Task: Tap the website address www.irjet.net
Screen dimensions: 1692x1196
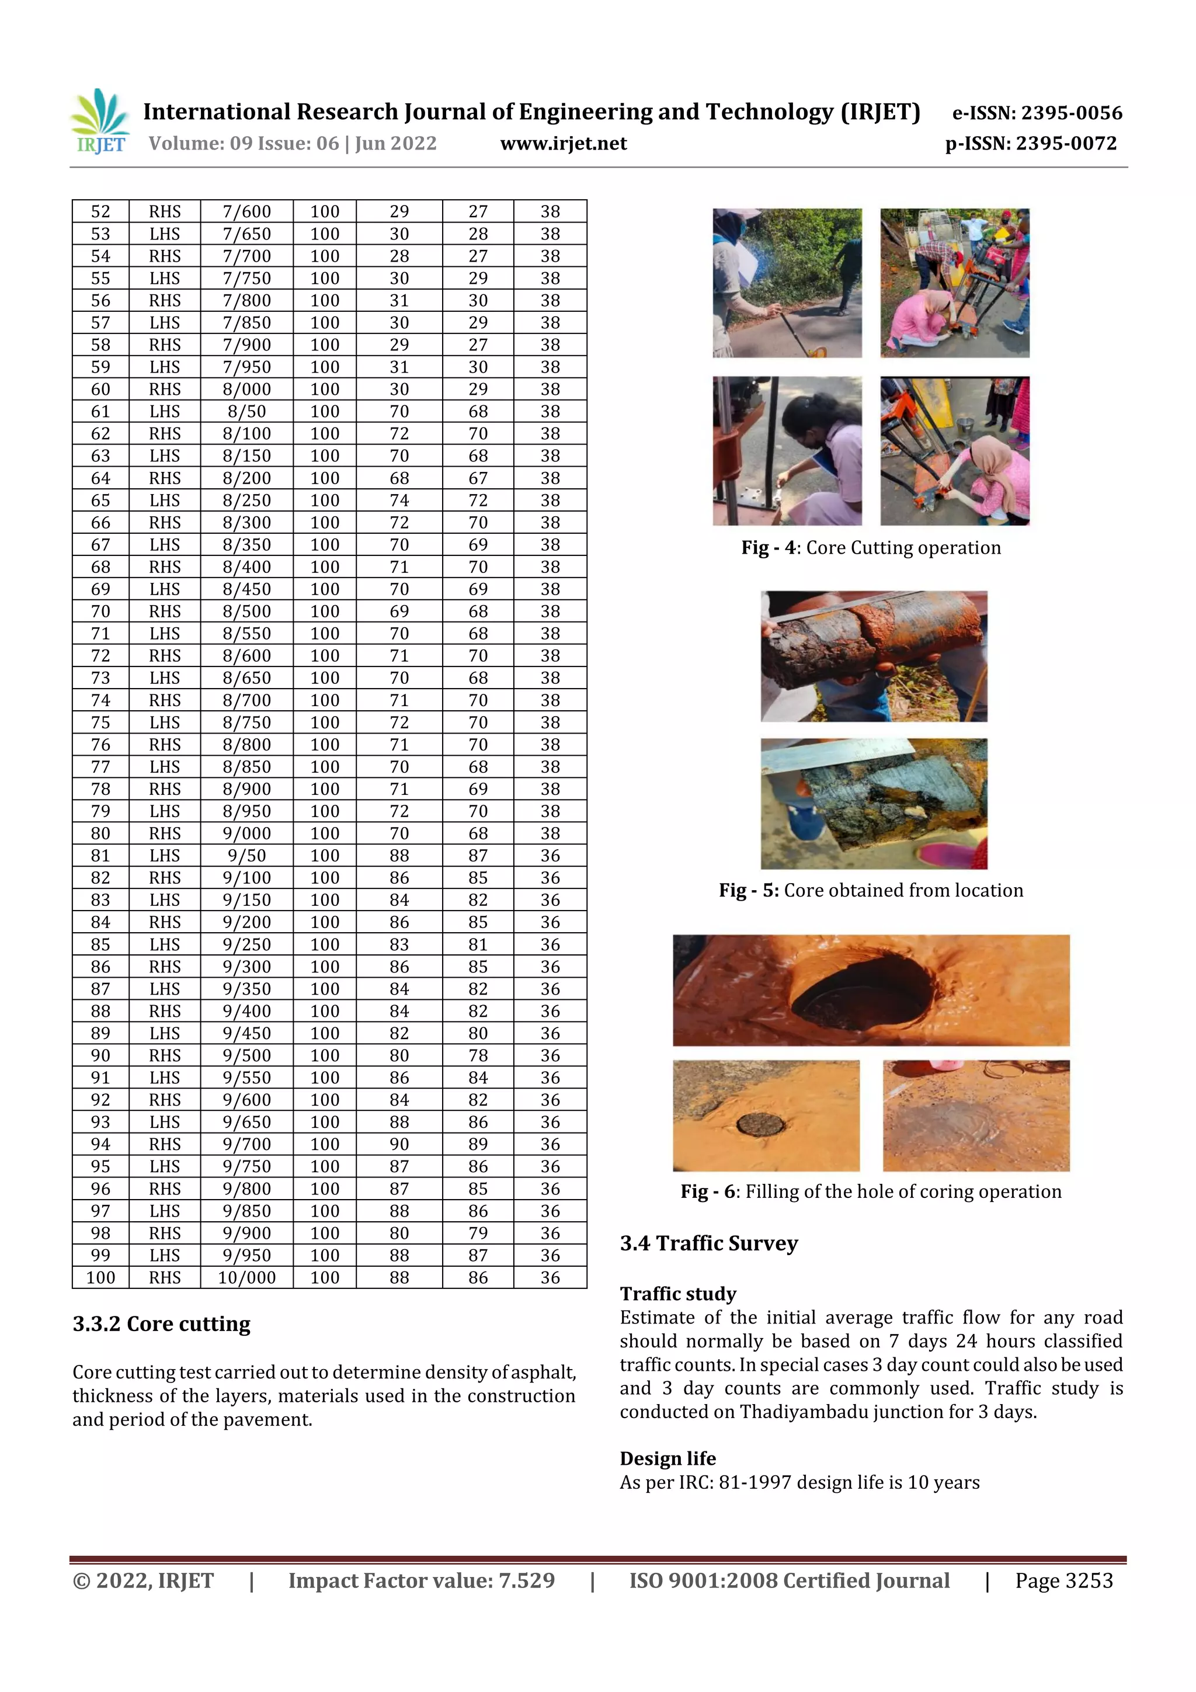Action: pos(563,144)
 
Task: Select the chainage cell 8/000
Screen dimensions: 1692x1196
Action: pos(247,389)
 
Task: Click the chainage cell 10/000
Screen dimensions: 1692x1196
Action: pos(247,1277)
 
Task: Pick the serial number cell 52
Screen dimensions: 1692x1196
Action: pos(100,211)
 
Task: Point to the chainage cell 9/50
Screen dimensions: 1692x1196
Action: pos(247,856)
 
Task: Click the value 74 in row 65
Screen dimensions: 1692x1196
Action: pos(399,501)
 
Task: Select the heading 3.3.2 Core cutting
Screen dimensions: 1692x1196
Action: pos(161,1324)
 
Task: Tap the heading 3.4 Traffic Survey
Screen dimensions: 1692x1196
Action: pos(708,1243)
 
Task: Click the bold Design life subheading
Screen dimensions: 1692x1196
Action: pos(667,1458)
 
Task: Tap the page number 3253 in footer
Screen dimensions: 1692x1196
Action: pos(1089,1580)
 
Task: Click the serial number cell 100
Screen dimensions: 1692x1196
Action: pos(100,1277)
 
